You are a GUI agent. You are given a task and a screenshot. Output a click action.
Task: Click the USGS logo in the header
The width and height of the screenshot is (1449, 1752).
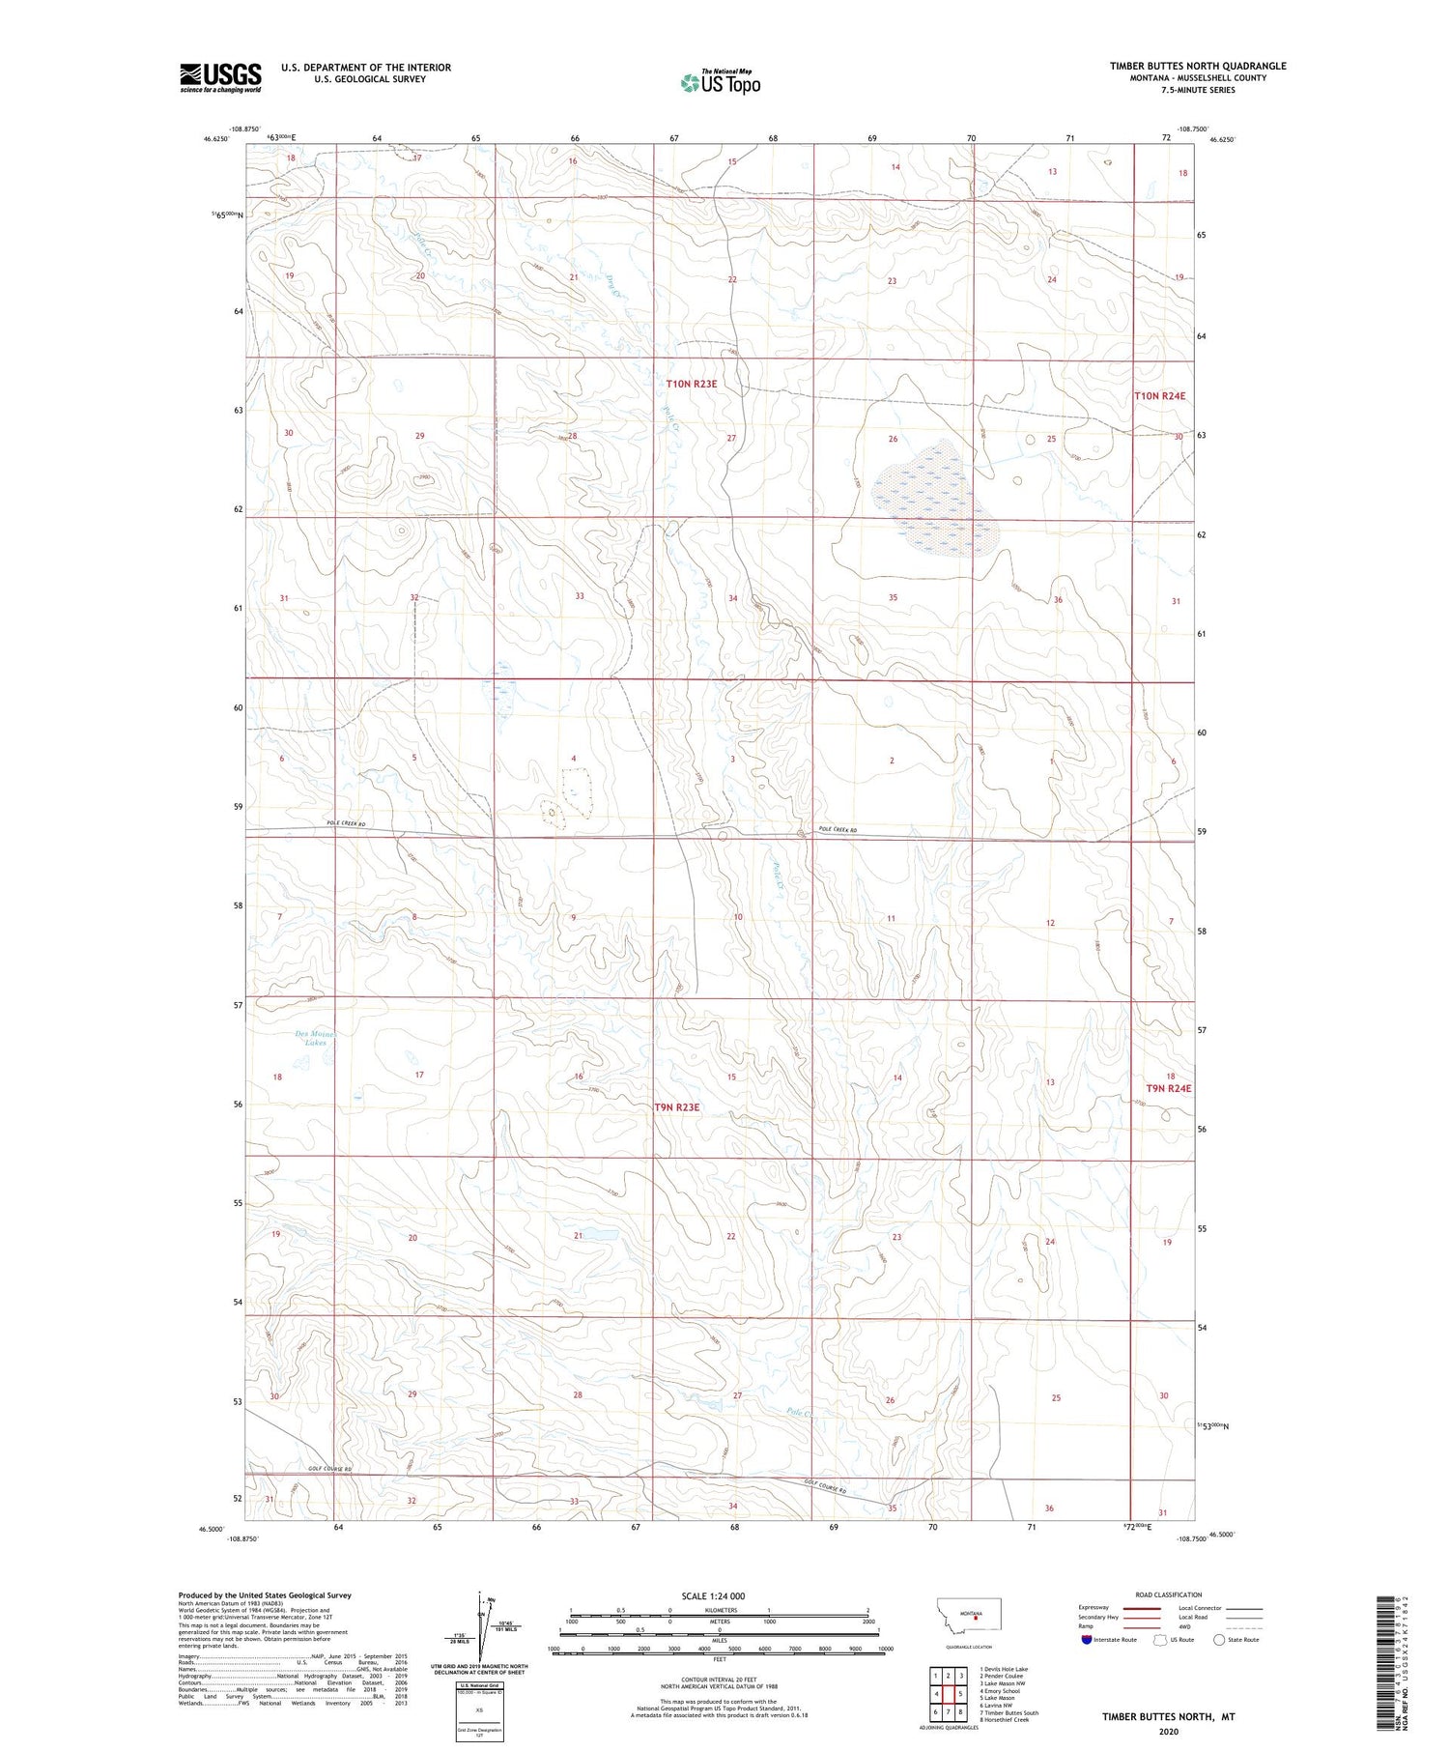(x=219, y=77)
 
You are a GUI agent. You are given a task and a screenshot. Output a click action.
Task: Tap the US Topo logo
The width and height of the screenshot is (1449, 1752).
(x=721, y=83)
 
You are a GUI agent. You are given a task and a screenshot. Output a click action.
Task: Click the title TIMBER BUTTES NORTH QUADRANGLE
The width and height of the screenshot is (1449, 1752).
(x=1197, y=66)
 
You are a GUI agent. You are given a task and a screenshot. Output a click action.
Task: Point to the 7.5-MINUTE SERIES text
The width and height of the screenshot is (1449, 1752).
(x=1197, y=90)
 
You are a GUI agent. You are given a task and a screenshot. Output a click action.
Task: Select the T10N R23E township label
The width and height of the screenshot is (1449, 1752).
(x=691, y=384)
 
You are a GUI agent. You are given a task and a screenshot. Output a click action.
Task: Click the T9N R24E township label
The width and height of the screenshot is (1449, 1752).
(x=1169, y=1088)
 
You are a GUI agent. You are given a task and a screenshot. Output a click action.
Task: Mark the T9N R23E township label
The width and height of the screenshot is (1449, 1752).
(x=676, y=1107)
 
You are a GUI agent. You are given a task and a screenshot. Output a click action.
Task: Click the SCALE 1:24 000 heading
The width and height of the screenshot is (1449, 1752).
(x=713, y=1595)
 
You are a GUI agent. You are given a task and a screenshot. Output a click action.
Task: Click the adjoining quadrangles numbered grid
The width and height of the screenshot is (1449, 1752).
(x=948, y=1693)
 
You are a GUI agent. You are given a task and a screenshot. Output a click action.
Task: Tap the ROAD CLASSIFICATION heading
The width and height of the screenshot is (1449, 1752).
(x=1168, y=1594)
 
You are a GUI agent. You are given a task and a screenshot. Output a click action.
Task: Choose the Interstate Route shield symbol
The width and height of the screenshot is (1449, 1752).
(x=1087, y=1640)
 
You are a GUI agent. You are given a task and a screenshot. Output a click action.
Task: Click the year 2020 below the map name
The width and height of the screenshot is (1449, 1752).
(x=1167, y=1732)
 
